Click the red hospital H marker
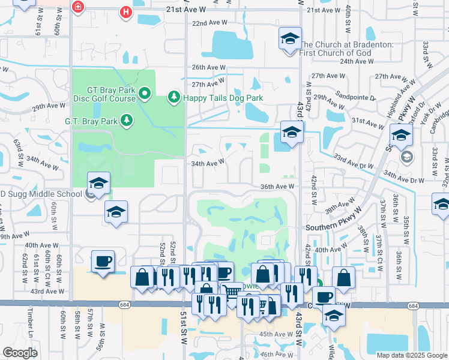(125, 11)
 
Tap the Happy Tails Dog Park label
(223, 98)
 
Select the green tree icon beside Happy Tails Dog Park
(174, 97)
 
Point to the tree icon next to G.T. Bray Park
(127, 121)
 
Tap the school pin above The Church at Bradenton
(290, 40)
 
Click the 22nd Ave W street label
(210, 23)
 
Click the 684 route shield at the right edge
(413, 306)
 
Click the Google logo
(20, 353)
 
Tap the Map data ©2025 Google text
(412, 355)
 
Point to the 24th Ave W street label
(356, 61)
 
